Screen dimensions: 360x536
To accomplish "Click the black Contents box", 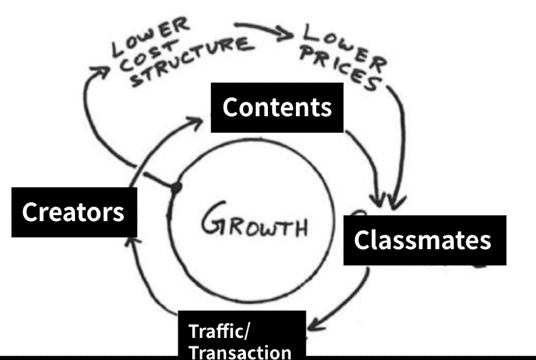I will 277,107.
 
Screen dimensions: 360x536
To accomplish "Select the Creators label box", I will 74,212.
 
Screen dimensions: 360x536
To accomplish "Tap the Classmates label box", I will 423,240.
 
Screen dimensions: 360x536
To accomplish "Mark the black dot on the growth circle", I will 176,188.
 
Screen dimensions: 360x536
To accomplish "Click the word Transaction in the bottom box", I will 240,351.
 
